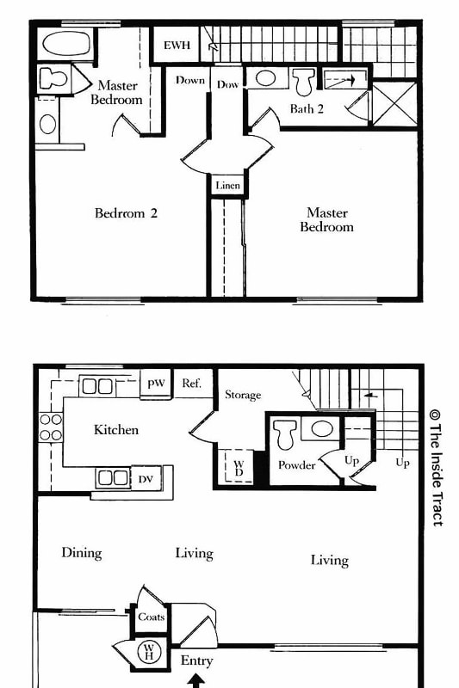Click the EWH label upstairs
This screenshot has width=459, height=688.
[177, 45]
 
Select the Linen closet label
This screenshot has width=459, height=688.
[227, 186]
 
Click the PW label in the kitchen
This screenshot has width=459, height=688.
[156, 384]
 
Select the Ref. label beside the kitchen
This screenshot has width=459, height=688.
[191, 384]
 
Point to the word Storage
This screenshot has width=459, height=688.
[243, 395]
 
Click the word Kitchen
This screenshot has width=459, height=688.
[116, 429]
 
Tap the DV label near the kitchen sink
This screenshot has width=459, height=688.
[146, 479]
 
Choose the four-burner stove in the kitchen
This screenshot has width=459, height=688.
[51, 427]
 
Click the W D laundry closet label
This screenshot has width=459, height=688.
[239, 469]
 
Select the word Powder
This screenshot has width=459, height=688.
[296, 465]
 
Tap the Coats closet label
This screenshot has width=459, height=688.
[151, 617]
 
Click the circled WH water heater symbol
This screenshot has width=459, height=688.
[148, 652]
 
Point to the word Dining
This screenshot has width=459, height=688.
[82, 553]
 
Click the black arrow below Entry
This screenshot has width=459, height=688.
[196, 680]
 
